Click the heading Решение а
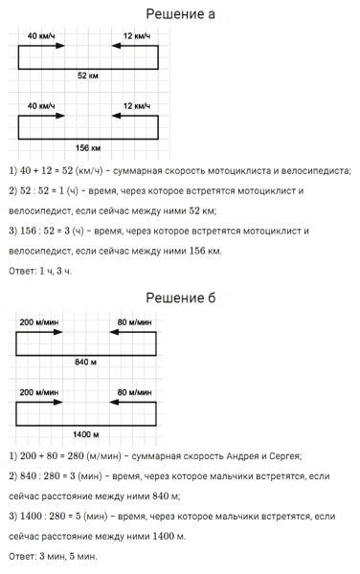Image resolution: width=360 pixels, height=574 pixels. tap(179, 14)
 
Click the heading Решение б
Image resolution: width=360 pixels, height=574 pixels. tap(179, 298)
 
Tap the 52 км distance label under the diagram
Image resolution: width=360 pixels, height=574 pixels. tap(89, 74)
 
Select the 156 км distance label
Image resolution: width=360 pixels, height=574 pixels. tap(89, 146)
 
